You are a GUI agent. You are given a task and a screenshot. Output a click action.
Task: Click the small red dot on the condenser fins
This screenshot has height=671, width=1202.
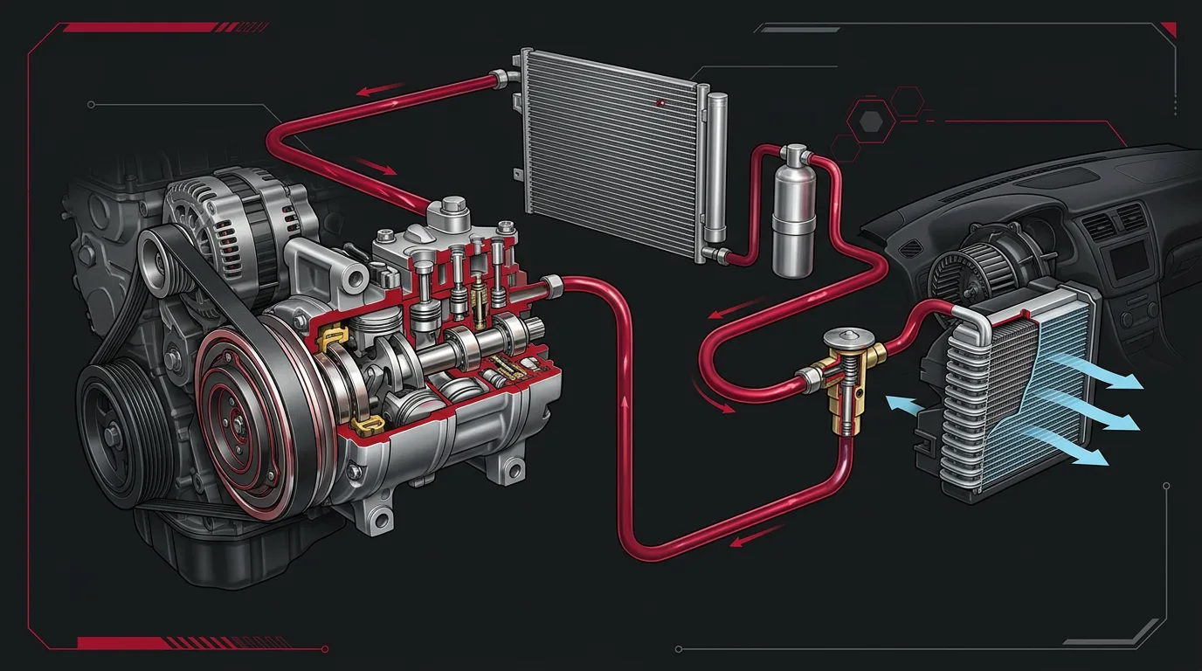(x=661, y=103)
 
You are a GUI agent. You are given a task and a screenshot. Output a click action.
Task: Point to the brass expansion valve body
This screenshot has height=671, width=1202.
(x=839, y=384)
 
